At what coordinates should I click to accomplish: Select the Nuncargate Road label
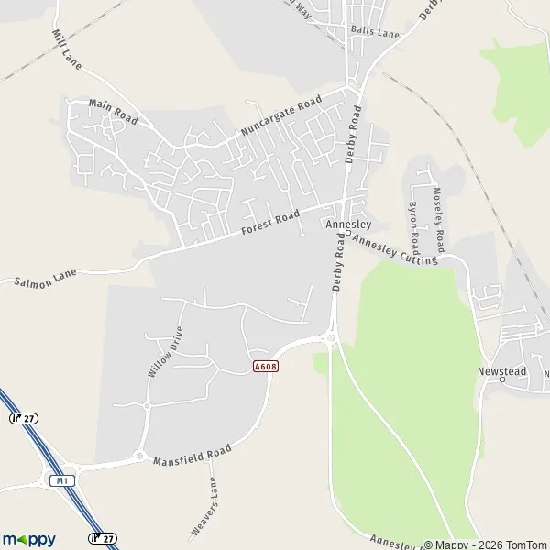(282, 117)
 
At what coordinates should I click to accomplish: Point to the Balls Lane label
(376, 32)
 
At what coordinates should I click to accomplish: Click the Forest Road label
(270, 223)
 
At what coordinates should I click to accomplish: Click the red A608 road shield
(265, 366)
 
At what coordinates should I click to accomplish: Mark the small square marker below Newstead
(502, 380)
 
